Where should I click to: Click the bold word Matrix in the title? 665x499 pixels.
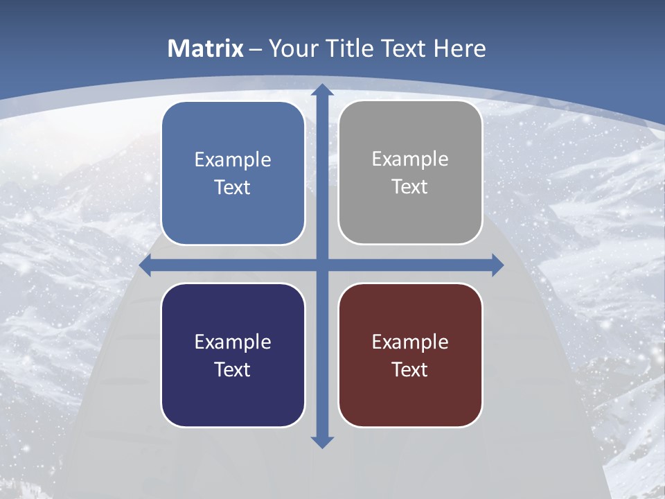(206, 49)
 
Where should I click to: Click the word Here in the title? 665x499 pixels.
(459, 49)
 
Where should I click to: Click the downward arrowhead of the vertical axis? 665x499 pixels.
(322, 441)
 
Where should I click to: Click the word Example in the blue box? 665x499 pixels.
(233, 160)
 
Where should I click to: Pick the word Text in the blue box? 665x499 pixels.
(233, 188)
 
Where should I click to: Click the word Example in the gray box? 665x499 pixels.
(410, 159)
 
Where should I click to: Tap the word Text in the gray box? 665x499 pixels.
(410, 187)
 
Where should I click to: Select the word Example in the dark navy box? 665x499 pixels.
(233, 342)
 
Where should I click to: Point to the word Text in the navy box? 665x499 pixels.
(233, 369)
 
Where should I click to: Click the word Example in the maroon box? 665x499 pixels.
(410, 342)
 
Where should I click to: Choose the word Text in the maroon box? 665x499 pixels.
(410, 369)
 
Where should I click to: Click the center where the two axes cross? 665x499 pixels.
(322, 265)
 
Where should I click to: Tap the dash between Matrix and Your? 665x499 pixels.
(256, 49)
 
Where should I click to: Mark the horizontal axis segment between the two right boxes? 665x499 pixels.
(410, 265)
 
